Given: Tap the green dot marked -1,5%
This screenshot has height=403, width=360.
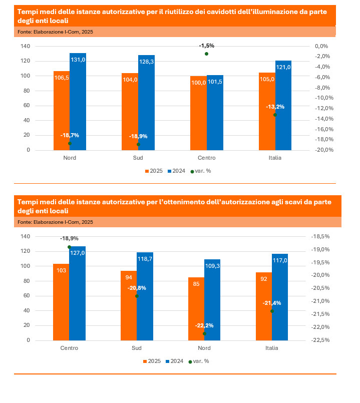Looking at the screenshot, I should click(x=206, y=54).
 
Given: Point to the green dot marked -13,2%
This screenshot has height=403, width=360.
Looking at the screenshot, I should click(x=275, y=115).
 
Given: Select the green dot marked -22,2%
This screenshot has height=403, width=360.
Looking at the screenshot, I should click(x=204, y=333).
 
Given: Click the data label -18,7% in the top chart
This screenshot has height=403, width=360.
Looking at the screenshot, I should click(x=70, y=135).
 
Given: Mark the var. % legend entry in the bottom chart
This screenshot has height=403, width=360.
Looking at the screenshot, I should click(x=199, y=361).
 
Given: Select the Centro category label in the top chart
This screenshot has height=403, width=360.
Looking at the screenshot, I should click(x=206, y=158).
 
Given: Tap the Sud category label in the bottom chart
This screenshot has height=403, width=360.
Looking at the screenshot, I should click(x=137, y=348).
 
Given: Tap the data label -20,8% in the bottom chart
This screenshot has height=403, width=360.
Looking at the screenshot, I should click(x=137, y=288).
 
